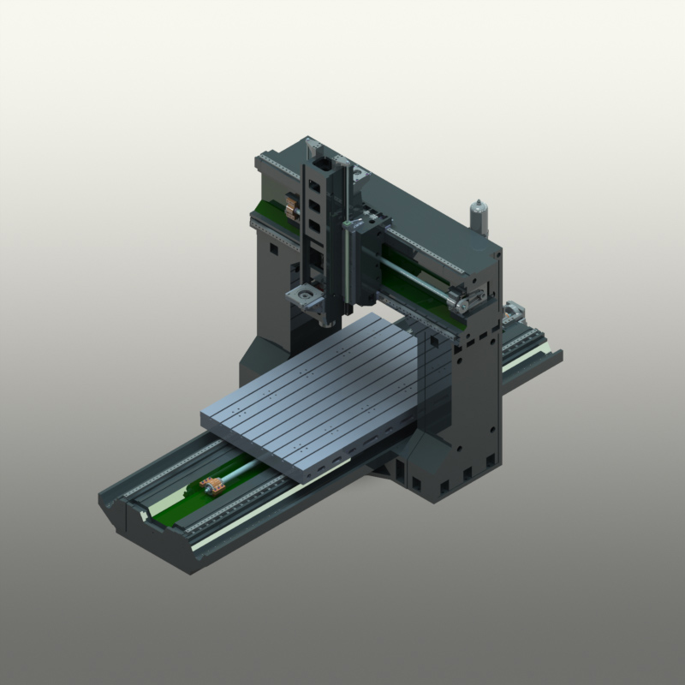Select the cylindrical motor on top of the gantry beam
coord(478,217)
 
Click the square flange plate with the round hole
coord(301,295)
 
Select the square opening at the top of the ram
coord(322,163)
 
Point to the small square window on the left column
coord(272,249)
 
